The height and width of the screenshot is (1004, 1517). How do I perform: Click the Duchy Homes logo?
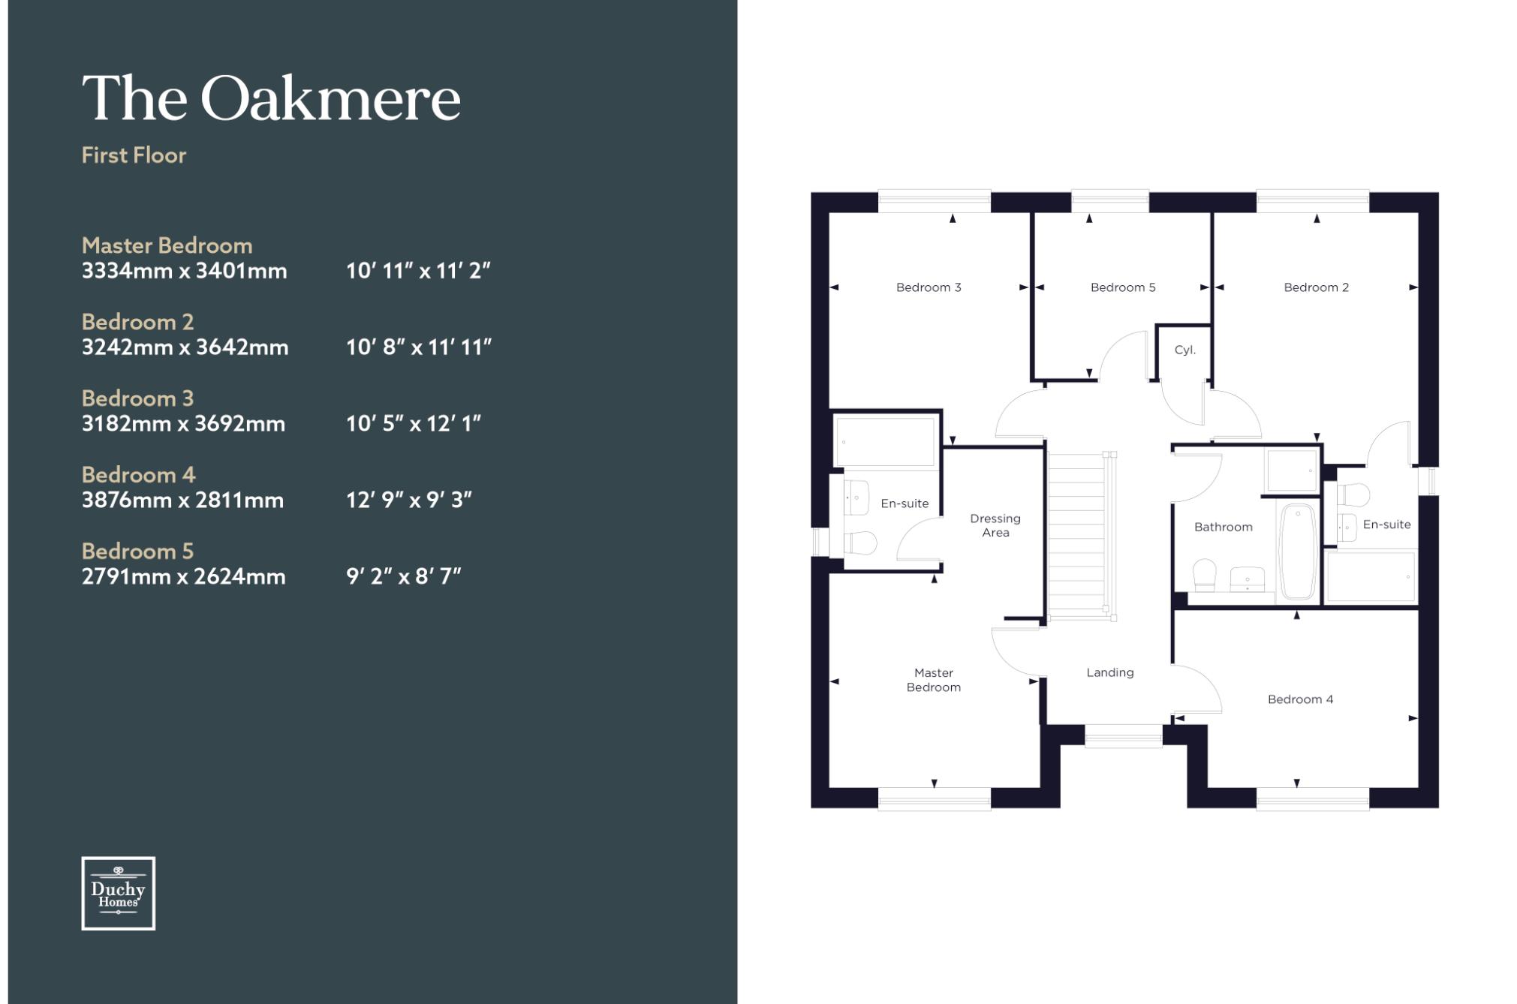[119, 893]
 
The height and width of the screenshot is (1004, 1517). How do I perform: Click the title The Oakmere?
[271, 98]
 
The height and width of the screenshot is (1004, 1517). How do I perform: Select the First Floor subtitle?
[134, 155]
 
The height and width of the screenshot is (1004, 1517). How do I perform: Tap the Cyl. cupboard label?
[1184, 350]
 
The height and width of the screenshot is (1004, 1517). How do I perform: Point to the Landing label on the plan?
[1110, 672]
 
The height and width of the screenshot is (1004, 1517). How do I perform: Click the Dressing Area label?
[995, 525]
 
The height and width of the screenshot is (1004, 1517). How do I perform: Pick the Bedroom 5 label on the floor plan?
[1123, 287]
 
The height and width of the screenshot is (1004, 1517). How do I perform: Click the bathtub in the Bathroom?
[1298, 552]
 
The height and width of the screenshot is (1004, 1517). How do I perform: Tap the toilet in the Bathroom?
[1204, 574]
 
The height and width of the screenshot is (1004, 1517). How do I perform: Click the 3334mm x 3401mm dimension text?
[185, 271]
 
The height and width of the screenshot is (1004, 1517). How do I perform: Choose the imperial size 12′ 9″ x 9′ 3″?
[409, 500]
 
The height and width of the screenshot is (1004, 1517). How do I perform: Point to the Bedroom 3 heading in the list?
[137, 398]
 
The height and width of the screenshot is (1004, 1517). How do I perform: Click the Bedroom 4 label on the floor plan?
[1300, 699]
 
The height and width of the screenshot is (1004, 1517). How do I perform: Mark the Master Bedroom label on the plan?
[933, 680]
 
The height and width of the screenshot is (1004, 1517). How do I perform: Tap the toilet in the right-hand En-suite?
[1353, 495]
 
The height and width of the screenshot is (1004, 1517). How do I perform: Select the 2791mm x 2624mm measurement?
[184, 577]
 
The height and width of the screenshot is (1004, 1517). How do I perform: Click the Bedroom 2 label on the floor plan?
[1316, 287]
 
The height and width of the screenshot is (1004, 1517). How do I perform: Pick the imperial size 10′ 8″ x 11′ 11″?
[419, 347]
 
